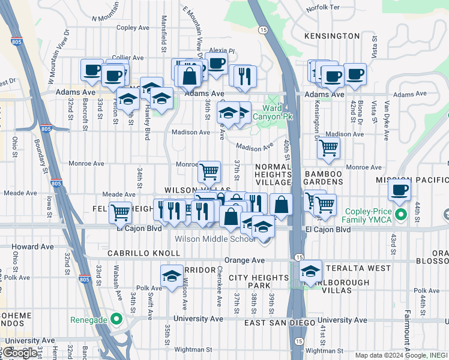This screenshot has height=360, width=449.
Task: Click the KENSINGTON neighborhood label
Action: pyautogui.click(x=332, y=36)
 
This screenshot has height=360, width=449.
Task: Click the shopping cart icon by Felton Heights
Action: pyautogui.click(x=121, y=211)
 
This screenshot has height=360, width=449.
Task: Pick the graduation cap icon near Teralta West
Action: pyautogui.click(x=310, y=271)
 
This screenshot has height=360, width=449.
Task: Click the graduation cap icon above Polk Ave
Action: pyautogui.click(x=172, y=275)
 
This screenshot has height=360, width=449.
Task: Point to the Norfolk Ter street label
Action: pyautogui.click(x=322, y=8)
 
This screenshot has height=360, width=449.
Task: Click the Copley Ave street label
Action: pyautogui.click(x=133, y=28)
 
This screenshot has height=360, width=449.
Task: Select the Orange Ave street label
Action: pyautogui.click(x=244, y=260)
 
